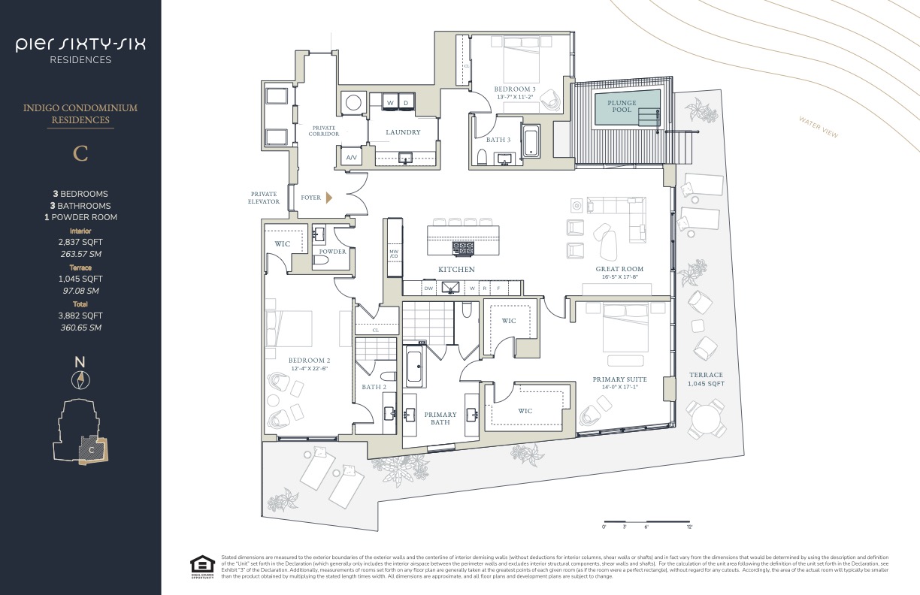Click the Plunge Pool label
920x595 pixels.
(x=622, y=106)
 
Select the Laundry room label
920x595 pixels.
(x=403, y=132)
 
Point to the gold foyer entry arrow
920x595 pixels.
(x=328, y=198)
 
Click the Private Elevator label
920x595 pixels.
(x=264, y=198)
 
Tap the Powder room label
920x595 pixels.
(x=332, y=252)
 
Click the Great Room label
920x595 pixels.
(x=619, y=269)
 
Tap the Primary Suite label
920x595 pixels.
(x=619, y=379)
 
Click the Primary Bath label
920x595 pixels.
(x=440, y=418)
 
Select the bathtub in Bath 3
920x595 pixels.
(x=531, y=143)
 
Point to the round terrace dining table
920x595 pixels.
(x=707, y=418)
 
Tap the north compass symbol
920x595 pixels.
(x=80, y=380)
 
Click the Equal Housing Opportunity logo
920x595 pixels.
(x=201, y=566)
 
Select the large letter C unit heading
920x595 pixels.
(x=80, y=153)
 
